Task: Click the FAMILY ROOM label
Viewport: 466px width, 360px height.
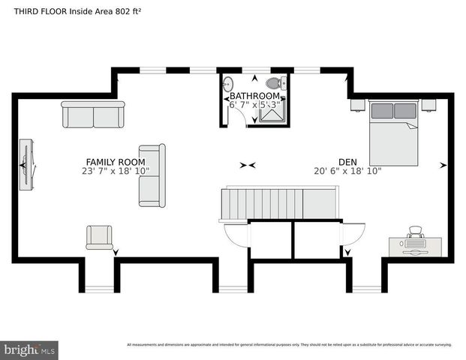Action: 115,161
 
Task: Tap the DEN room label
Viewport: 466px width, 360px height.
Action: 347,161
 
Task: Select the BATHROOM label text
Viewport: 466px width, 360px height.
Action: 254,96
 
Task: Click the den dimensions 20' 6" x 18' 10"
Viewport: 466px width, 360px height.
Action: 347,171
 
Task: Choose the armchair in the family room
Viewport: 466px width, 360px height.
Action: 99,237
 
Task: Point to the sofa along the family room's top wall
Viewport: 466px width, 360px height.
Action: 93,114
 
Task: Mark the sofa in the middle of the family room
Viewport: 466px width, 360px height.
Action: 152,175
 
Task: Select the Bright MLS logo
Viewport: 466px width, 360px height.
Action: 29,349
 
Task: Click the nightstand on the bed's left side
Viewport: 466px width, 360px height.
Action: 357,105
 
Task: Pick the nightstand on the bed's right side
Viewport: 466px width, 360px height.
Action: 428,105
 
